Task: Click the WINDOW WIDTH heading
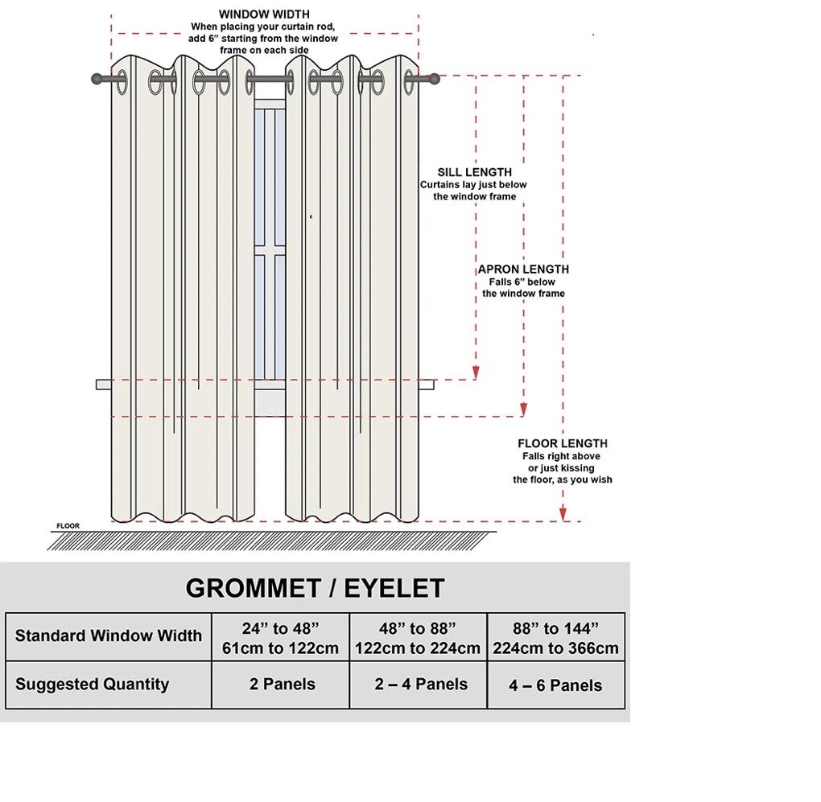coord(264,14)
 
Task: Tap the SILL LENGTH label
coord(474,172)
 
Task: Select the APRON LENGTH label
coord(523,269)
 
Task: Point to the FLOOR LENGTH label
coord(563,443)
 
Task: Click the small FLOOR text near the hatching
coord(68,526)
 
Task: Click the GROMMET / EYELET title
coord(315,589)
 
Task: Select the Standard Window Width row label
coord(109,635)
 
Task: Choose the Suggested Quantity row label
coord(93,685)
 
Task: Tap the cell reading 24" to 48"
coord(280,637)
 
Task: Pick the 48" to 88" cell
coord(418,637)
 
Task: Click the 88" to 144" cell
coord(555,637)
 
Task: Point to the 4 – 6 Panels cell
coord(555,685)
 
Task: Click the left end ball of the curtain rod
coord(97,79)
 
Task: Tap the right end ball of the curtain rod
coord(435,79)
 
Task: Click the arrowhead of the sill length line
coord(476,372)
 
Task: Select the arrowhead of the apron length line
coord(524,409)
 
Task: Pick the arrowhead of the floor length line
coord(563,514)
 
